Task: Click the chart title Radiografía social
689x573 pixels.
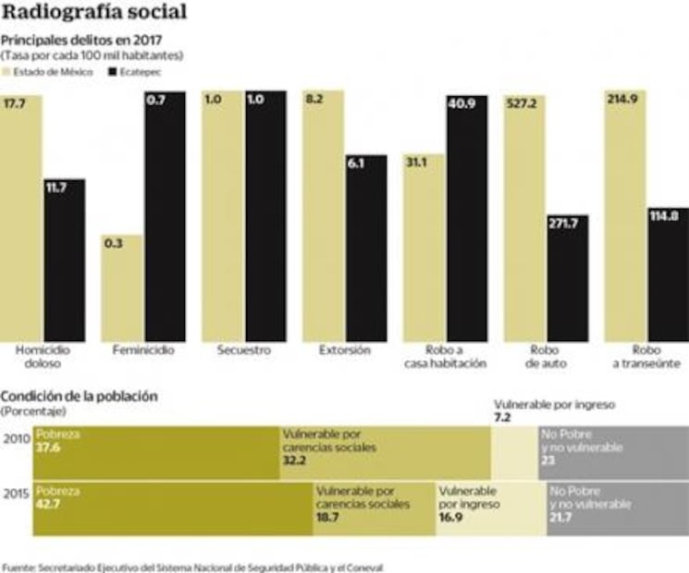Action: click(x=94, y=13)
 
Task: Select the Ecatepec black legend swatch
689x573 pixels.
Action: click(x=113, y=71)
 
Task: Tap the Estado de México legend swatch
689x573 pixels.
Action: click(x=6, y=71)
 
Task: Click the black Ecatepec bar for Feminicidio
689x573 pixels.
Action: click(x=164, y=216)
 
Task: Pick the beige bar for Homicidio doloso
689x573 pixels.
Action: click(x=21, y=216)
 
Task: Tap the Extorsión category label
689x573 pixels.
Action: click(x=344, y=351)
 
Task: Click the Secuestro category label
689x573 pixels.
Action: click(x=243, y=351)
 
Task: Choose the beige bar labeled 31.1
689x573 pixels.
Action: click(x=423, y=248)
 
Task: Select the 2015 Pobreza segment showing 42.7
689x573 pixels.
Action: click(x=172, y=508)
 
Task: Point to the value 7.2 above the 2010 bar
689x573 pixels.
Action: click(x=503, y=418)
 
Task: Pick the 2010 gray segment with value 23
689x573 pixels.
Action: click(x=612, y=453)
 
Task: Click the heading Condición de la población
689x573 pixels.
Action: click(x=80, y=396)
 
